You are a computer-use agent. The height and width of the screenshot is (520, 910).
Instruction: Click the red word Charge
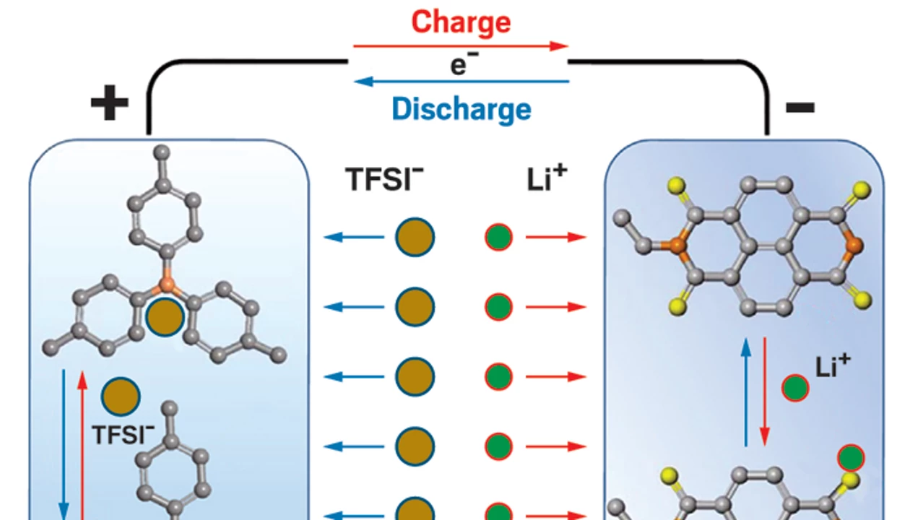point(461,22)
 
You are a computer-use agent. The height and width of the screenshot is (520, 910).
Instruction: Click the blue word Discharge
point(461,109)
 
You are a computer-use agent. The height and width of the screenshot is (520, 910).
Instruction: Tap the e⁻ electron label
point(459,65)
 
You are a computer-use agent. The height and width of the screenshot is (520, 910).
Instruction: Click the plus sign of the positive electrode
point(109,105)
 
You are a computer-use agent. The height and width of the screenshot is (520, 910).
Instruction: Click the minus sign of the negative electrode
point(800,108)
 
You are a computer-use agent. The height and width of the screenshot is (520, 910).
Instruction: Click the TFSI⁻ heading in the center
point(381,179)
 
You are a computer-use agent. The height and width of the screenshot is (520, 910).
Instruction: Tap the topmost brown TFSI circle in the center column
point(415,237)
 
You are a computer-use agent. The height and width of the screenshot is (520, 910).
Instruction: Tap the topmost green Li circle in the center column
point(498,237)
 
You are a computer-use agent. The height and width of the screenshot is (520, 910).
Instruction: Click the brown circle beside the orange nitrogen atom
point(165,317)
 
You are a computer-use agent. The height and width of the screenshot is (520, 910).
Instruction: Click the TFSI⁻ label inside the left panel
point(123,434)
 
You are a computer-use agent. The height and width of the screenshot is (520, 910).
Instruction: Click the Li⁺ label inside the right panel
point(833,368)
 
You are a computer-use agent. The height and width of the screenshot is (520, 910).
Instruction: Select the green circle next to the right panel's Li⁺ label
point(795,389)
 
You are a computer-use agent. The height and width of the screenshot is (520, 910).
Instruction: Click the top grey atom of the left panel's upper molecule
point(163,152)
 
